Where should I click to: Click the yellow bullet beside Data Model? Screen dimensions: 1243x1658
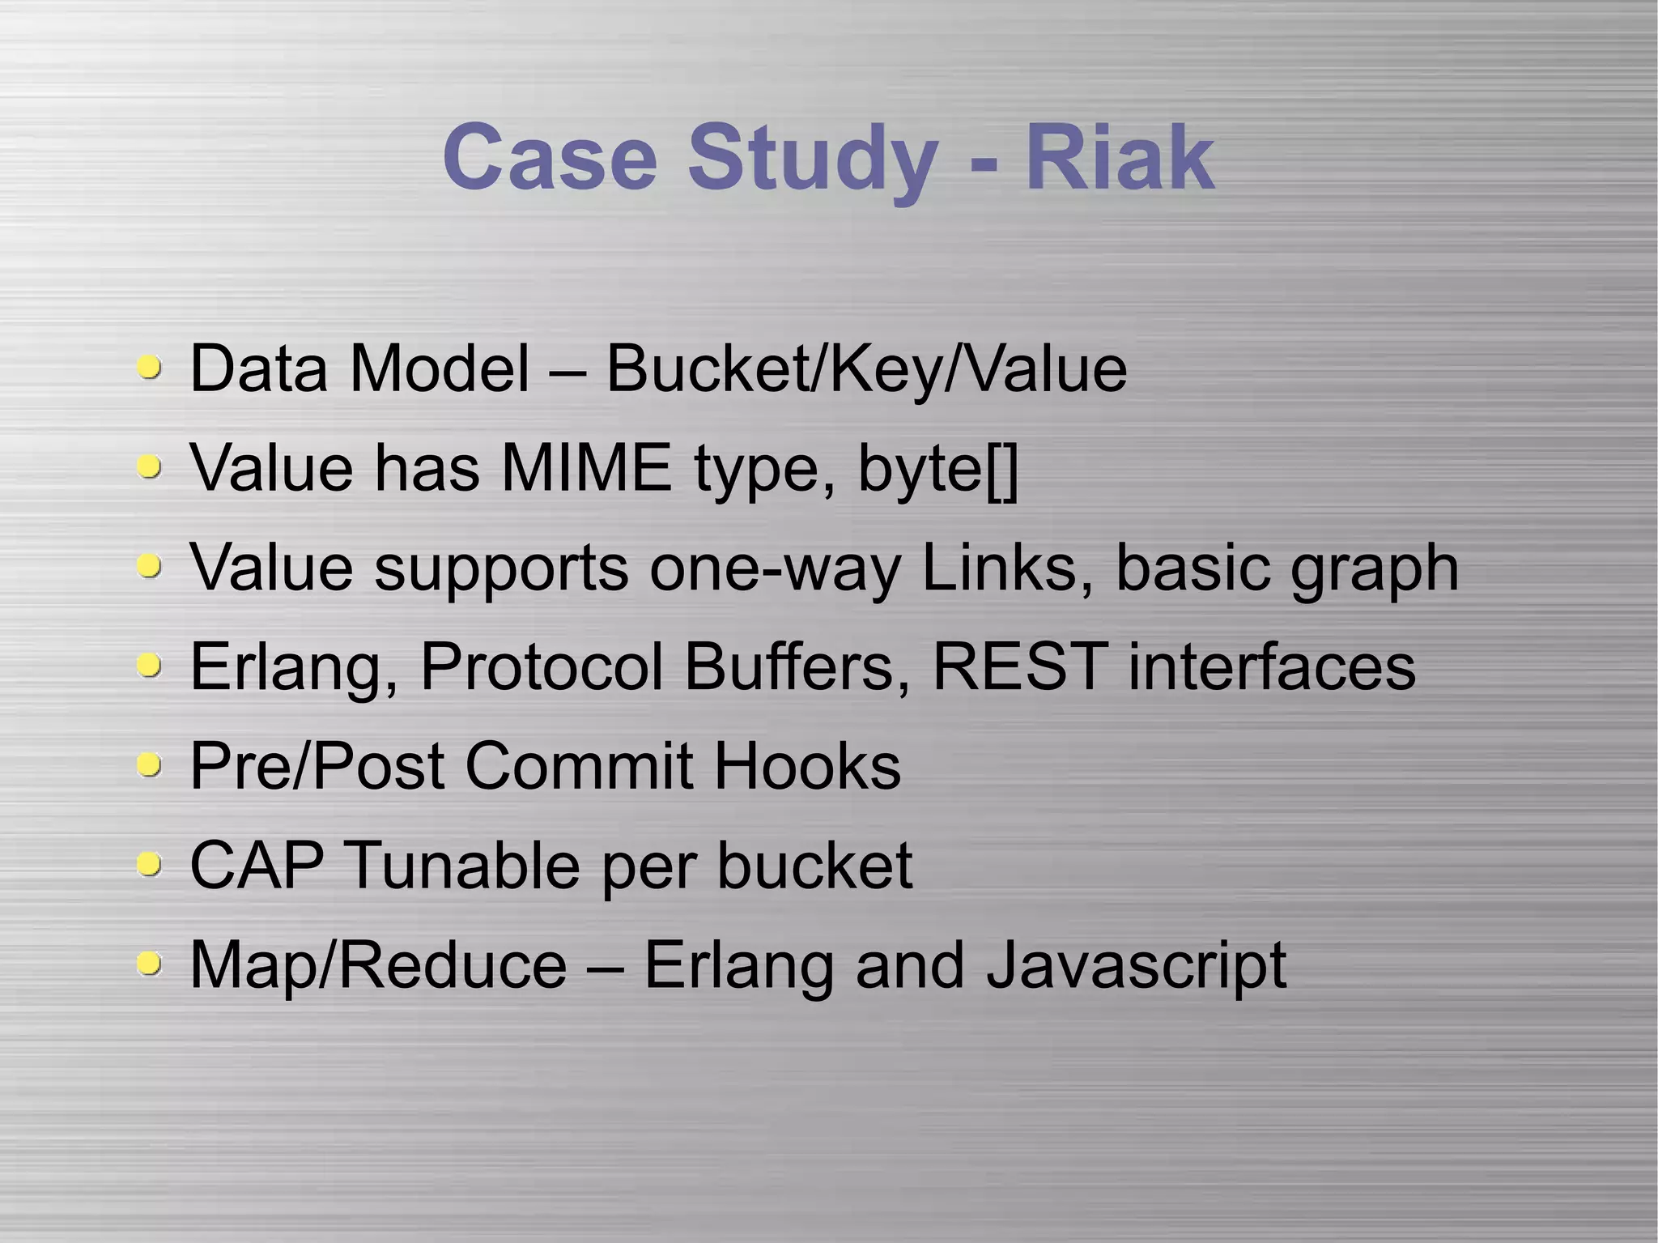click(149, 368)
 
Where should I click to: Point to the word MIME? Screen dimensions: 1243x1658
click(586, 468)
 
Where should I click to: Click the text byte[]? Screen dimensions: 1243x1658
click(937, 470)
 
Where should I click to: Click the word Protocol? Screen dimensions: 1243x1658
click(542, 666)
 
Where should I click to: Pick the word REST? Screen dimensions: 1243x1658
click(1020, 666)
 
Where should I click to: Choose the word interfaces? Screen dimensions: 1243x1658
click(1272, 666)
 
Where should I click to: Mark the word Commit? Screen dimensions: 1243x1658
click(579, 766)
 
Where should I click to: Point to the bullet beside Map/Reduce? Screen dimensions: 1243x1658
click(149, 964)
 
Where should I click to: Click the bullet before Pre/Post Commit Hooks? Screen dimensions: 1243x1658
click(149, 764)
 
